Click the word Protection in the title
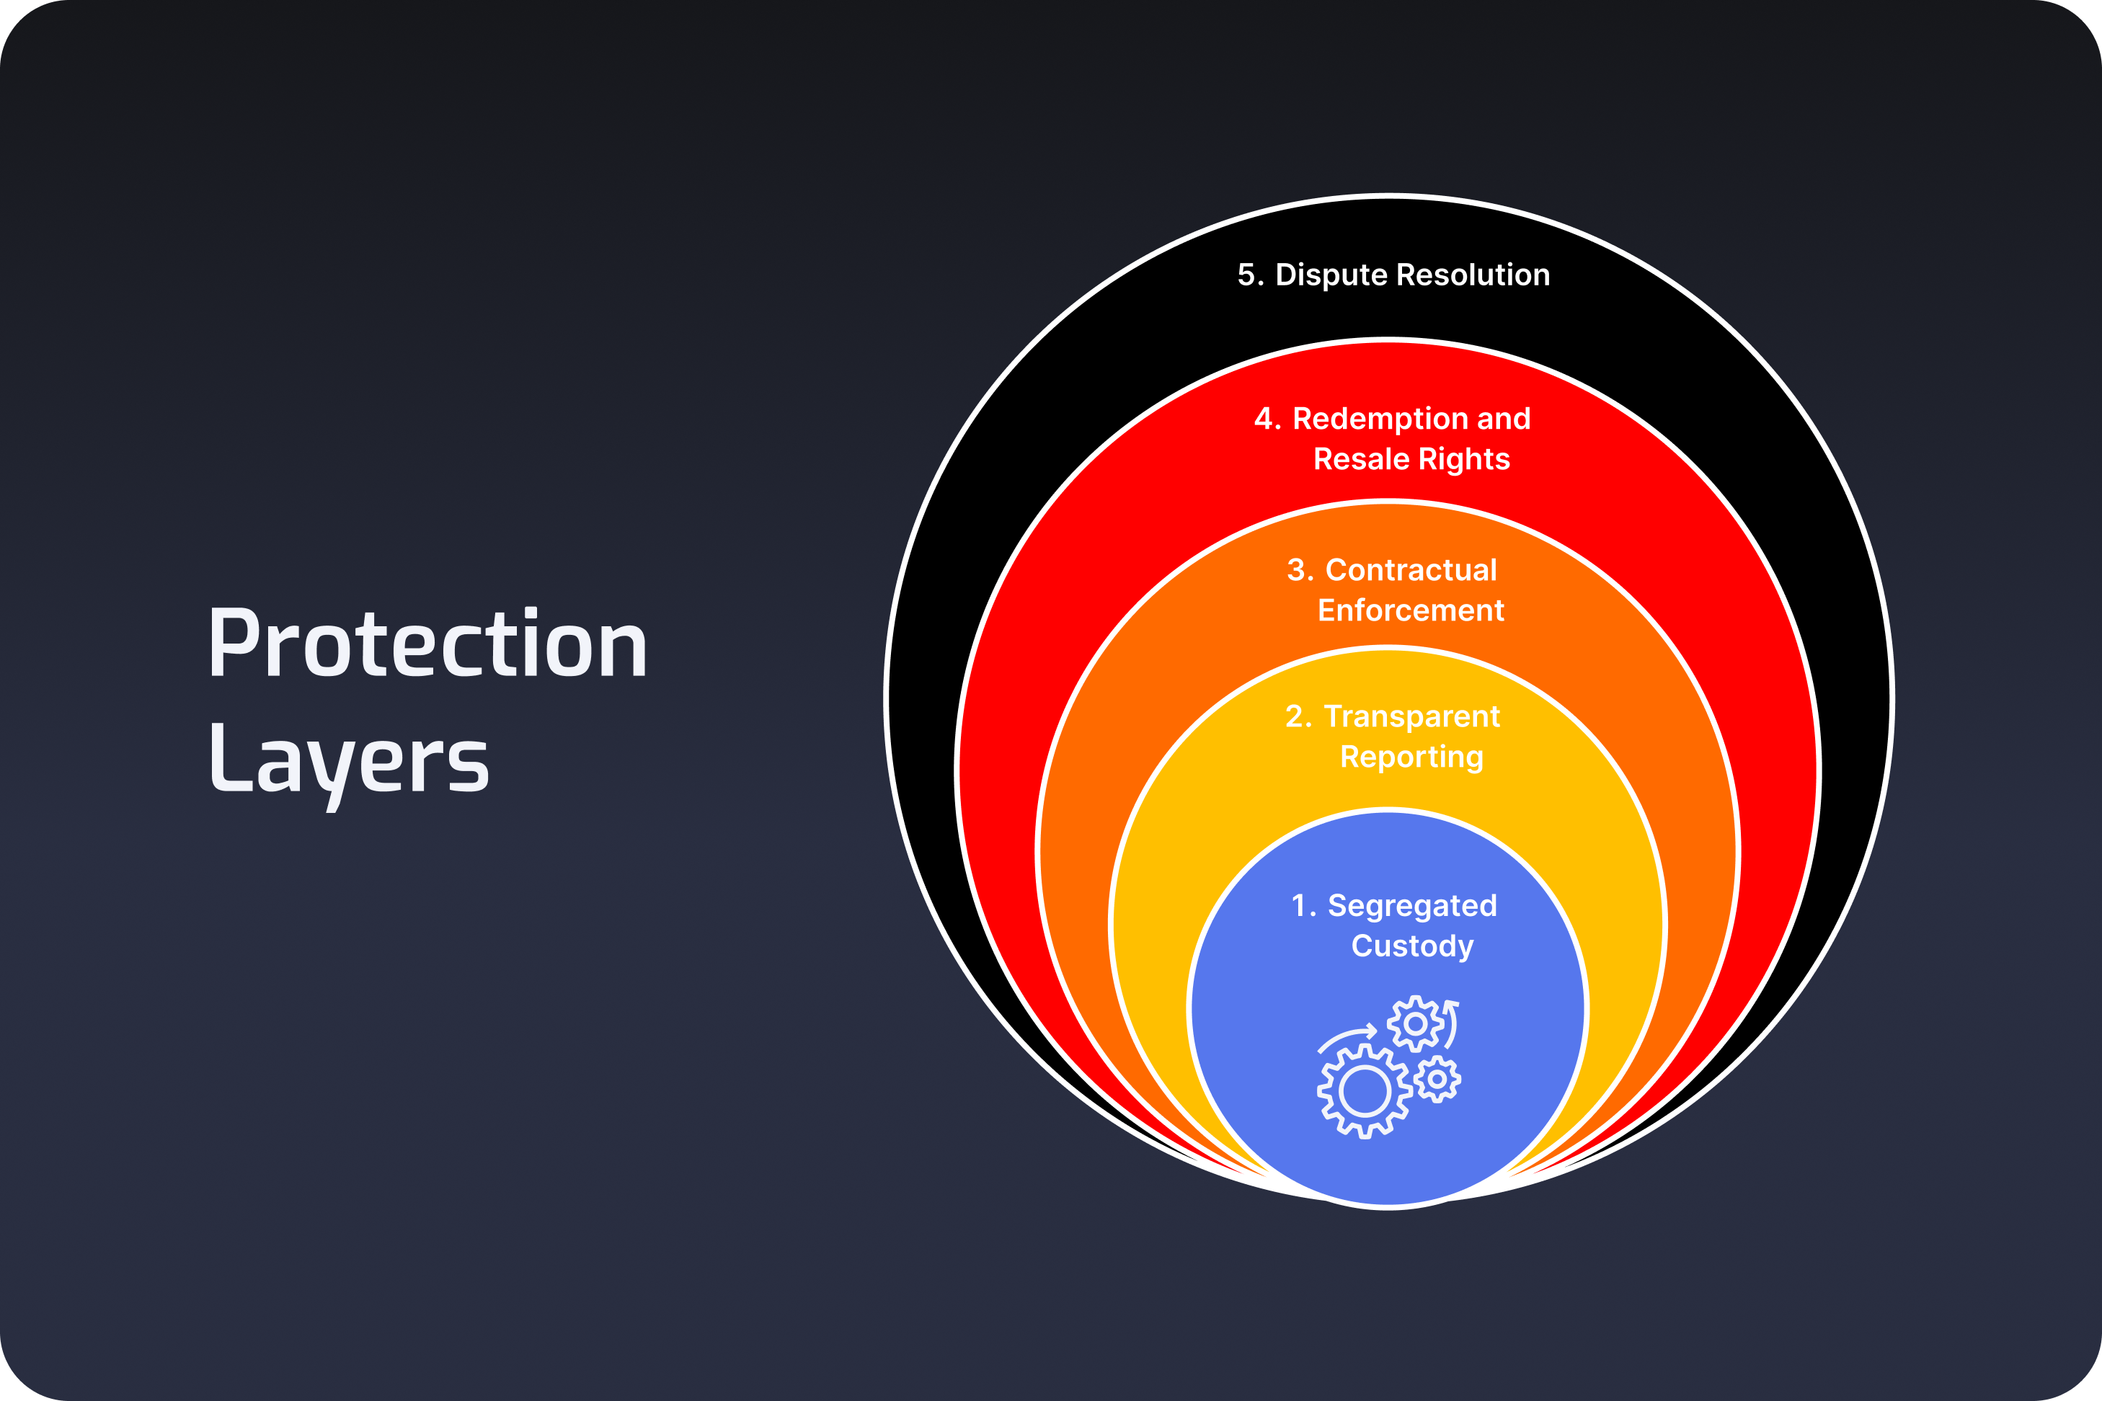427,645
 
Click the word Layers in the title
349,761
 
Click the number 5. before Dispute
1249,275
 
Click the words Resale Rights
1411,459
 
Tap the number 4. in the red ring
1267,418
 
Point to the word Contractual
1410,570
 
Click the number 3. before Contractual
1300,570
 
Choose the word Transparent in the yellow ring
1411,716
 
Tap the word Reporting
1411,757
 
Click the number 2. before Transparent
1298,716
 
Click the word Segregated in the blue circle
1412,906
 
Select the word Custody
1412,946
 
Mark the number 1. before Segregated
1303,906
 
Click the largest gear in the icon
1364,1091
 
